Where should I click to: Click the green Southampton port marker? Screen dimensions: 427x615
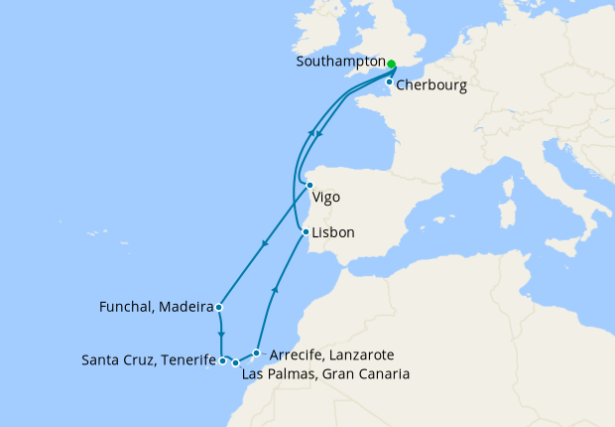coord(392,65)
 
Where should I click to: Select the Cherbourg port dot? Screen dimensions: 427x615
coord(389,82)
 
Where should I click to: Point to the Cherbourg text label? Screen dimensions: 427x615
coord(430,85)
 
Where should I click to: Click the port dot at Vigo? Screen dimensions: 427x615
coord(310,185)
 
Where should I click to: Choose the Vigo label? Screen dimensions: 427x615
coord(325,197)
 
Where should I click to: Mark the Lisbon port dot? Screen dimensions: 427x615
coord(305,232)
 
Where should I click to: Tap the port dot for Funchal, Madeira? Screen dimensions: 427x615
coord(217,306)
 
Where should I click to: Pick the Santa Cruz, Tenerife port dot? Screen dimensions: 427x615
coord(222,361)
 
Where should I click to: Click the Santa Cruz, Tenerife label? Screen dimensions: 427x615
coord(149,359)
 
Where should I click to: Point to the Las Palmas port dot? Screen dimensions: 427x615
coord(235,363)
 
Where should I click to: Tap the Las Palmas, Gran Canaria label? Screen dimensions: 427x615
coord(325,373)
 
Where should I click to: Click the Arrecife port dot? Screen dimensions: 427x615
coord(257,353)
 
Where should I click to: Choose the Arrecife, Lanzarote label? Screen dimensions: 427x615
coord(332,355)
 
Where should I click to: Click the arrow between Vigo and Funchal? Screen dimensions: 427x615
coord(264,244)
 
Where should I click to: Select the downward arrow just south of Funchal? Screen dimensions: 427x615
coord(220,335)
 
